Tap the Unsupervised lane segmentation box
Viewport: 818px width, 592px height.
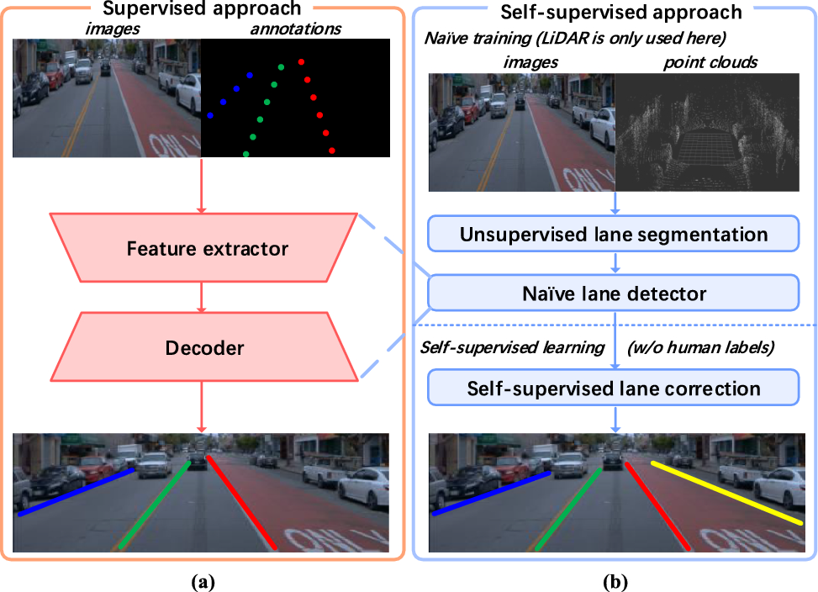coord(613,234)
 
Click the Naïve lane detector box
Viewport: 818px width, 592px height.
coord(613,293)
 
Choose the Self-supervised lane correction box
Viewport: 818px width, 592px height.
coord(613,388)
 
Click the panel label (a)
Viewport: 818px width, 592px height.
coord(201,580)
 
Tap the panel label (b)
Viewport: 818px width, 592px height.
coord(614,580)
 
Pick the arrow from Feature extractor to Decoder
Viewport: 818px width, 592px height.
coord(201,297)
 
